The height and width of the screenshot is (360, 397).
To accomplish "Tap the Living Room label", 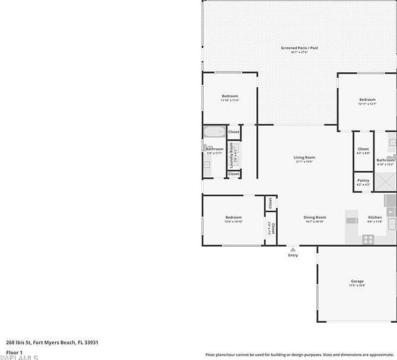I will tap(304, 157).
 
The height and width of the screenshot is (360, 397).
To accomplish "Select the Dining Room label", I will tap(315, 217).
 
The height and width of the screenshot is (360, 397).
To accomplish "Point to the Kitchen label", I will tap(374, 217).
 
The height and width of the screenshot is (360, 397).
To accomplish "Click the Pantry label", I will tap(363, 180).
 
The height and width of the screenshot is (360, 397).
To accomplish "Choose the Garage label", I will tap(357, 281).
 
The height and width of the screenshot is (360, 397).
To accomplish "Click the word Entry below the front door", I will tap(293, 255).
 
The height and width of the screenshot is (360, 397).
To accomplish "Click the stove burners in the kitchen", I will tap(368, 240).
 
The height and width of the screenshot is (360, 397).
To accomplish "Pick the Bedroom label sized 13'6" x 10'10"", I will tap(233, 217).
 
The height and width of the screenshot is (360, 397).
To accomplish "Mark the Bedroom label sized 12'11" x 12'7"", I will tap(367, 100).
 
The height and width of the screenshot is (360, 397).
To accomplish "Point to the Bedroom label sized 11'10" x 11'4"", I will tap(230, 96).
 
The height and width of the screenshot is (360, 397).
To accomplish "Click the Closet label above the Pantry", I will tap(363, 149).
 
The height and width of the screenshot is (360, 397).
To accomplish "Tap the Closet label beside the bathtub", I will tap(234, 132).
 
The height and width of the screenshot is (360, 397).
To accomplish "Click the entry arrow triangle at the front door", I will tap(293, 249).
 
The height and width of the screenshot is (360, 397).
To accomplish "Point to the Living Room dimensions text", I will tap(304, 162).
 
